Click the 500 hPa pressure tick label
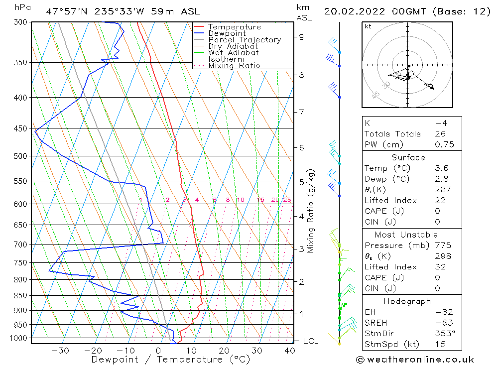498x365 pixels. click(20, 156)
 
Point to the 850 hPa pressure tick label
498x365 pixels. click(20, 295)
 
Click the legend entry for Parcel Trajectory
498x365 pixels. click(245, 40)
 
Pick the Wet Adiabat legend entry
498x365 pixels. click(234, 53)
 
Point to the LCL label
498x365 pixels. click(310, 341)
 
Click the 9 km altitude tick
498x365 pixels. click(302, 36)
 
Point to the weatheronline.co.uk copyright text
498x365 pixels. click(415, 360)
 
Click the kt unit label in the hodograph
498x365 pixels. click(368, 26)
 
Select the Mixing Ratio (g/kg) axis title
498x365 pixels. click(311, 210)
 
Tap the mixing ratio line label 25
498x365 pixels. click(287, 200)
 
